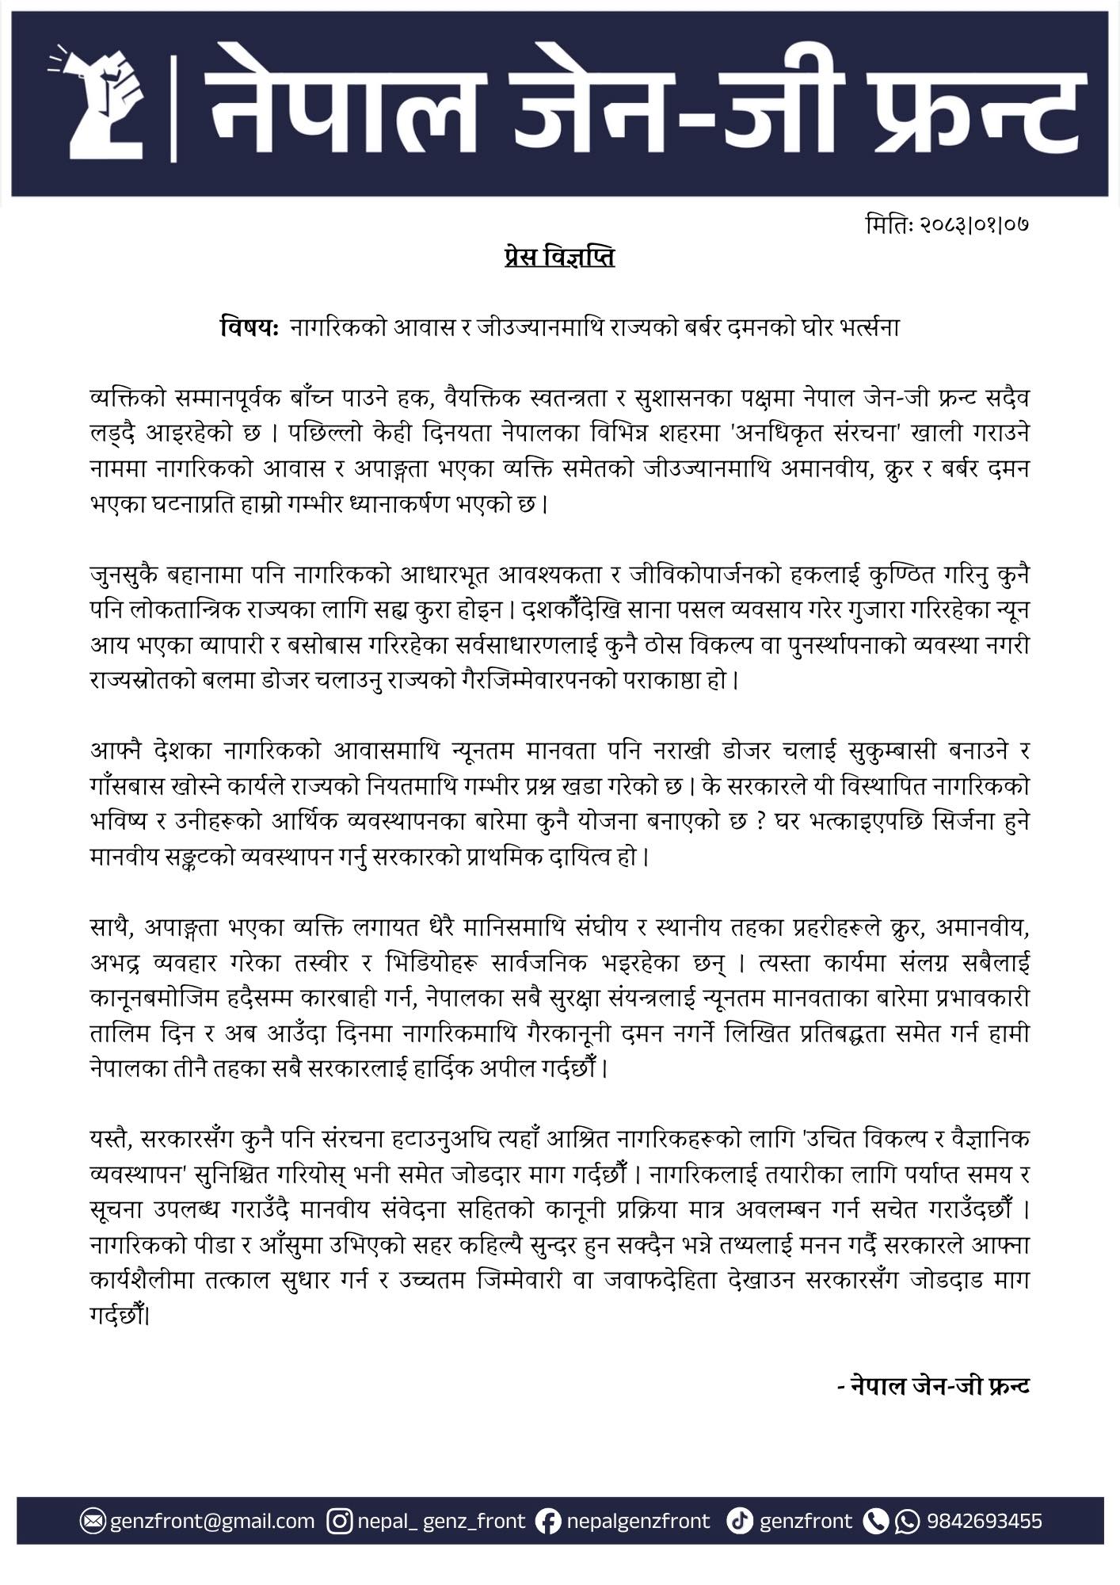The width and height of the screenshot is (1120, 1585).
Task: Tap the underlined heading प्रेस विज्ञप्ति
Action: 559,258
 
